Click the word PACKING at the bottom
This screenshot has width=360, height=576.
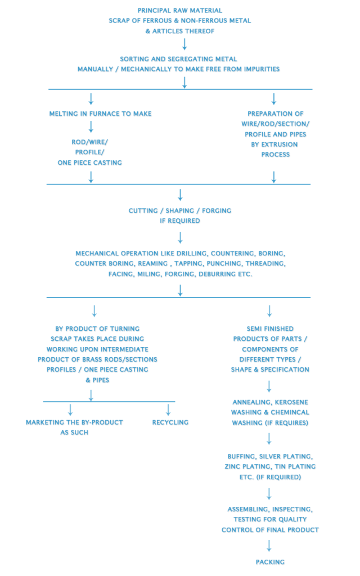[x=270, y=562]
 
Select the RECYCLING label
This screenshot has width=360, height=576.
[x=170, y=422]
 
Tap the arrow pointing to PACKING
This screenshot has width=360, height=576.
[x=269, y=545]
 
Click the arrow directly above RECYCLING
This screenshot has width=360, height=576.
[x=168, y=409]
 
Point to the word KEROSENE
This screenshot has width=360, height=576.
[x=292, y=402]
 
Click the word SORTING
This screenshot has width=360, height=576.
[x=135, y=59]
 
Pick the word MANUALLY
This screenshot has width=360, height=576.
[x=96, y=69]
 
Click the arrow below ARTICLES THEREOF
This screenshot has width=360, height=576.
[x=184, y=44]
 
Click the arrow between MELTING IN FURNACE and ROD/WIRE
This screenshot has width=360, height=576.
[x=91, y=127]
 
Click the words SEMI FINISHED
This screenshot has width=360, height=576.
[x=270, y=328]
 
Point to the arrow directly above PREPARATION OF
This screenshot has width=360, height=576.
[x=274, y=98]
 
